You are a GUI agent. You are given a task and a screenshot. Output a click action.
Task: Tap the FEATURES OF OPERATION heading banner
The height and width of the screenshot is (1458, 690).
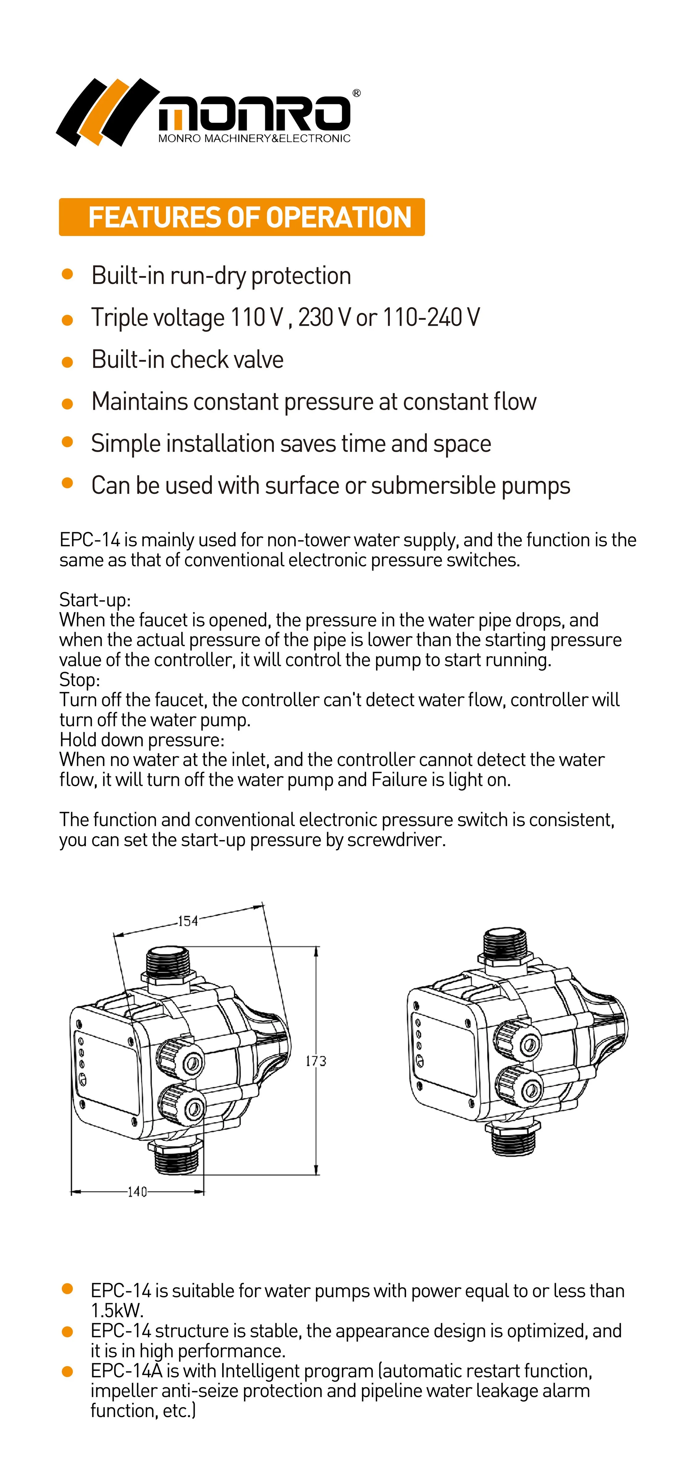242,217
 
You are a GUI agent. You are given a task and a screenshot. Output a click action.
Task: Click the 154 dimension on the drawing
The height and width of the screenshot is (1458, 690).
188,921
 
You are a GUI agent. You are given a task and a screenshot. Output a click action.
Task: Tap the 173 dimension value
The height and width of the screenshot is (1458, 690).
316,1061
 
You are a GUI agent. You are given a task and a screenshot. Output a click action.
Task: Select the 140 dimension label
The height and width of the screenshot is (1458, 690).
137,1192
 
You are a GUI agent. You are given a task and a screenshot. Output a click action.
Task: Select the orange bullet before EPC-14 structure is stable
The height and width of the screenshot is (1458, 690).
67,1332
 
